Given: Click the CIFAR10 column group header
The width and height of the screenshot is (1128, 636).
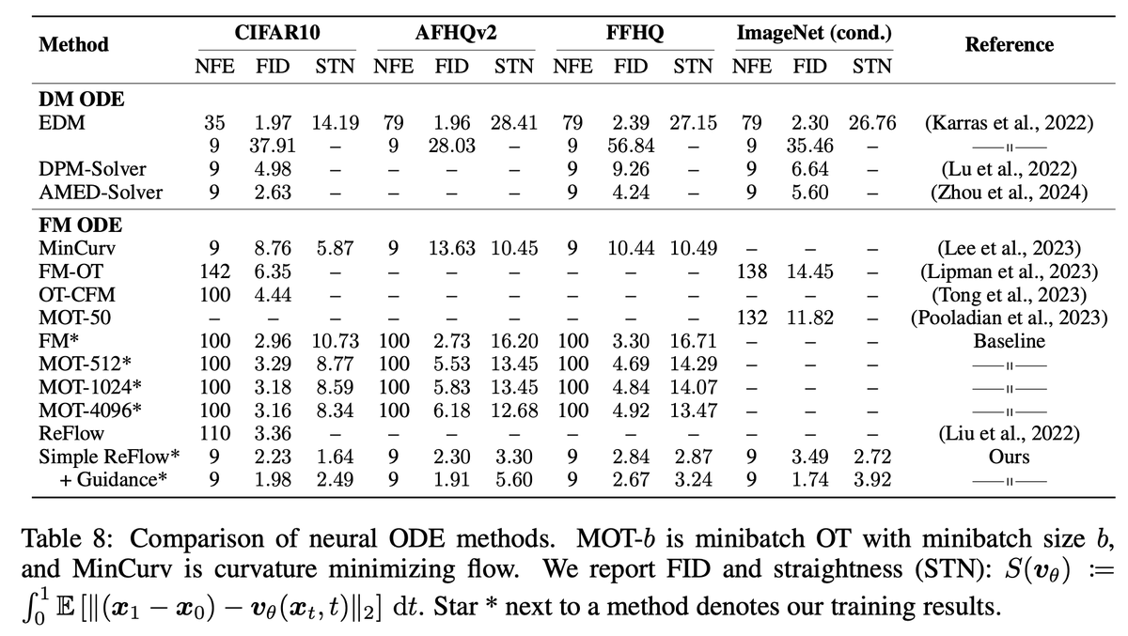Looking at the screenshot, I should click(x=275, y=35).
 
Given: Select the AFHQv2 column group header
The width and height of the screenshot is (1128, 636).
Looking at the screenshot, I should click(x=455, y=35).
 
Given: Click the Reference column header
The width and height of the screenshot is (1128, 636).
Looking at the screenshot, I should click(x=1009, y=44).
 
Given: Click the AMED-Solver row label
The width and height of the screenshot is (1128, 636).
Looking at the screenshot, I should click(x=101, y=193).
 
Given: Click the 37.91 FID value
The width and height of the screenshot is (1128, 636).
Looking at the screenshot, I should click(x=274, y=146).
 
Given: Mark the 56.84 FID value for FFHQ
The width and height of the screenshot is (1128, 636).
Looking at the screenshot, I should click(x=633, y=146).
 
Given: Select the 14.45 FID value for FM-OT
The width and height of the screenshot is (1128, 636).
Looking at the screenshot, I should click(x=812, y=271).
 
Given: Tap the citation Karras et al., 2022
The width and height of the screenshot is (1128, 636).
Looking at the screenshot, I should click(x=1009, y=122).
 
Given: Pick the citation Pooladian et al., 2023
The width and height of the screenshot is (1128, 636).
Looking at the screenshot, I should click(x=1009, y=318).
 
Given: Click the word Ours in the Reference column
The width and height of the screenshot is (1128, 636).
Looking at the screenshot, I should click(x=1009, y=457).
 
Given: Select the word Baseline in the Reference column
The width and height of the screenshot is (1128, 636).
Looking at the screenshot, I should click(x=1009, y=341).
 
